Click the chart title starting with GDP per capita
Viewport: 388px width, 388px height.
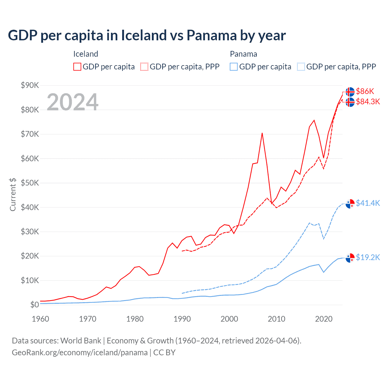[147, 35]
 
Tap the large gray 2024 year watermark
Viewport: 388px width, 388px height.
[72, 102]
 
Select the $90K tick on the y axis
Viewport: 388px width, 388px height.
[30, 85]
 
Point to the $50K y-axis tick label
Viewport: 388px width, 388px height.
[30, 183]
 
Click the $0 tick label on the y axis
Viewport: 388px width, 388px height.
[34, 305]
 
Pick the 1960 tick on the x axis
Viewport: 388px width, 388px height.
[40, 319]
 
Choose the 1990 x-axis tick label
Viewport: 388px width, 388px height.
[182, 319]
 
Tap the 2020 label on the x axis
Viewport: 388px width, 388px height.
[324, 319]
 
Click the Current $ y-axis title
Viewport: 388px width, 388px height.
[13, 194]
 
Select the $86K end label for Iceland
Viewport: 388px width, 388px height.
[365, 91]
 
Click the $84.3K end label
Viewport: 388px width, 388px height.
[368, 102]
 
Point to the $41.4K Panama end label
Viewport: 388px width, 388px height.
[368, 203]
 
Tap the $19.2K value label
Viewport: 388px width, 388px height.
[368, 257]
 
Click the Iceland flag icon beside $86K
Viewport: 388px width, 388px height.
[350, 92]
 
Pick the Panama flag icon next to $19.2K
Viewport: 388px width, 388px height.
[350, 258]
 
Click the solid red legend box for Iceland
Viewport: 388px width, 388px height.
[77, 67]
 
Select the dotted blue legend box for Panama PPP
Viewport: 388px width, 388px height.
[301, 67]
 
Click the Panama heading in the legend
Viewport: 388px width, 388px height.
[243, 54]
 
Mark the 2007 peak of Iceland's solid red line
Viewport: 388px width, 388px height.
[262, 133]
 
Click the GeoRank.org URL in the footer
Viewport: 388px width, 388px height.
[80, 353]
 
